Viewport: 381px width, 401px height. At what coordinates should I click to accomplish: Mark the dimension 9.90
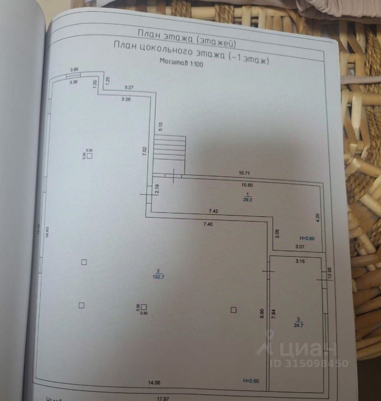pos(262,313)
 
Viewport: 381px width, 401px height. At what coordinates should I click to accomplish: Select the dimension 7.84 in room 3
pos(273,313)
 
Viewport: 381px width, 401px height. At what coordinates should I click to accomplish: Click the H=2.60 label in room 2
pos(251,380)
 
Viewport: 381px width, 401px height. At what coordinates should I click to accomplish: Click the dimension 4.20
pos(317,218)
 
